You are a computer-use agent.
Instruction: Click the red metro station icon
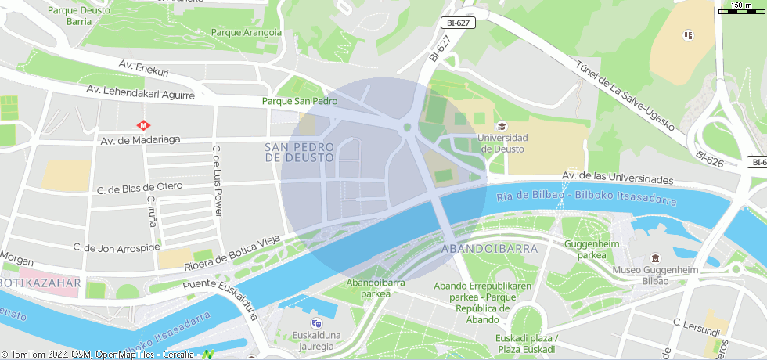[144, 124]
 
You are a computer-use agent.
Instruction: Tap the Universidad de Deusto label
[502, 143]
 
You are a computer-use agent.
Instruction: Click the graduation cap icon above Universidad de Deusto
[502, 126]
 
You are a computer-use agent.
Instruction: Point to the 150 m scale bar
[740, 9]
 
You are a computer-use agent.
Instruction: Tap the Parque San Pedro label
[300, 101]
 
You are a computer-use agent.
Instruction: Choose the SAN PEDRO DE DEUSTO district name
[300, 152]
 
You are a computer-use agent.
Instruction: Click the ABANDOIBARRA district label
[490, 248]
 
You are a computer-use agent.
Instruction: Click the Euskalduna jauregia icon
[316, 323]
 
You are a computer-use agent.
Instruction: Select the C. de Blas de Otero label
[139, 188]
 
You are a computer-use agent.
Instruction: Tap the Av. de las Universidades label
[618, 178]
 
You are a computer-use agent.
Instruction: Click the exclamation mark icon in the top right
[688, 35]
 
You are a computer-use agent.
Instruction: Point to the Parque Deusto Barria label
[79, 16]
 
